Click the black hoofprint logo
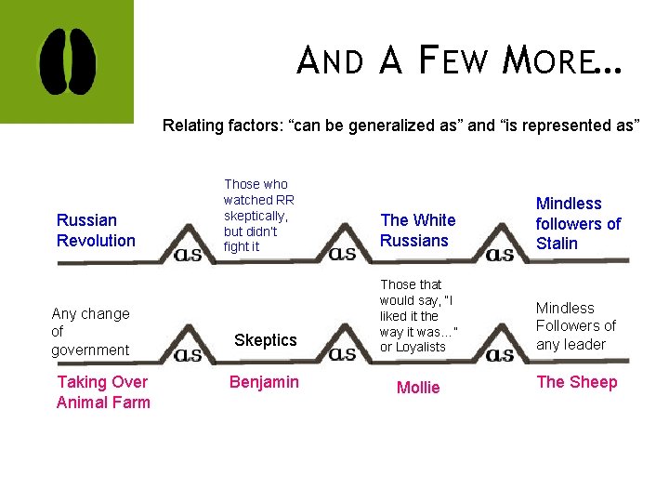point(66,61)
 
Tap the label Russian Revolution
point(96,231)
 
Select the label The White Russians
point(417,231)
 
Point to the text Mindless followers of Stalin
point(578,223)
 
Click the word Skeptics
point(265,340)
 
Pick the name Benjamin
point(265,382)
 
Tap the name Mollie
point(418,388)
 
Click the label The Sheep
point(576,382)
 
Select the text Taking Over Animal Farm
point(103,392)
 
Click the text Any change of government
point(90,332)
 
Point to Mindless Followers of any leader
point(575,326)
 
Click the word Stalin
point(557,244)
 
